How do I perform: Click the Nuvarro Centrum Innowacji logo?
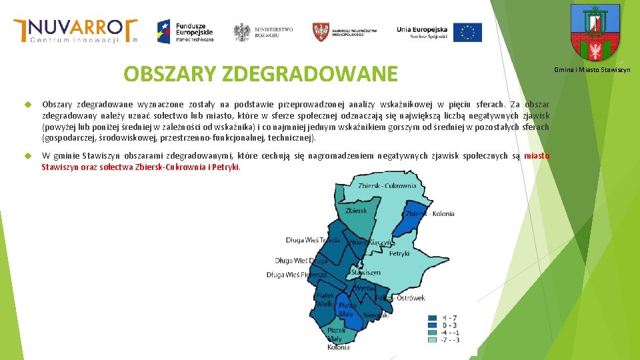coord(75,30)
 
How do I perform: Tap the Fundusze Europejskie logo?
coord(185,31)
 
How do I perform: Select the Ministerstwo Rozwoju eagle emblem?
coord(241,32)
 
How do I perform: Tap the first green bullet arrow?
coord(28,105)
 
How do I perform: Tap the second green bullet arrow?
coord(28,156)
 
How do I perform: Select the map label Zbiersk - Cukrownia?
coord(387,185)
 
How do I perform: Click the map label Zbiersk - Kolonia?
coord(430,214)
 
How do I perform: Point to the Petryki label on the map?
coord(399,253)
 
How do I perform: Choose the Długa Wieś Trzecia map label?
coord(313,240)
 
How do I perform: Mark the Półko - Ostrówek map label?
coord(400,298)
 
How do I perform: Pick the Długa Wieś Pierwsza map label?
coord(297,275)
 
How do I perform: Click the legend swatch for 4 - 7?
coord(433,318)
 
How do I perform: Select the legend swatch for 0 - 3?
coord(433,325)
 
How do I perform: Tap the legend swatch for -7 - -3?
coord(433,340)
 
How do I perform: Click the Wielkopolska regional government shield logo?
coord(321,31)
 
